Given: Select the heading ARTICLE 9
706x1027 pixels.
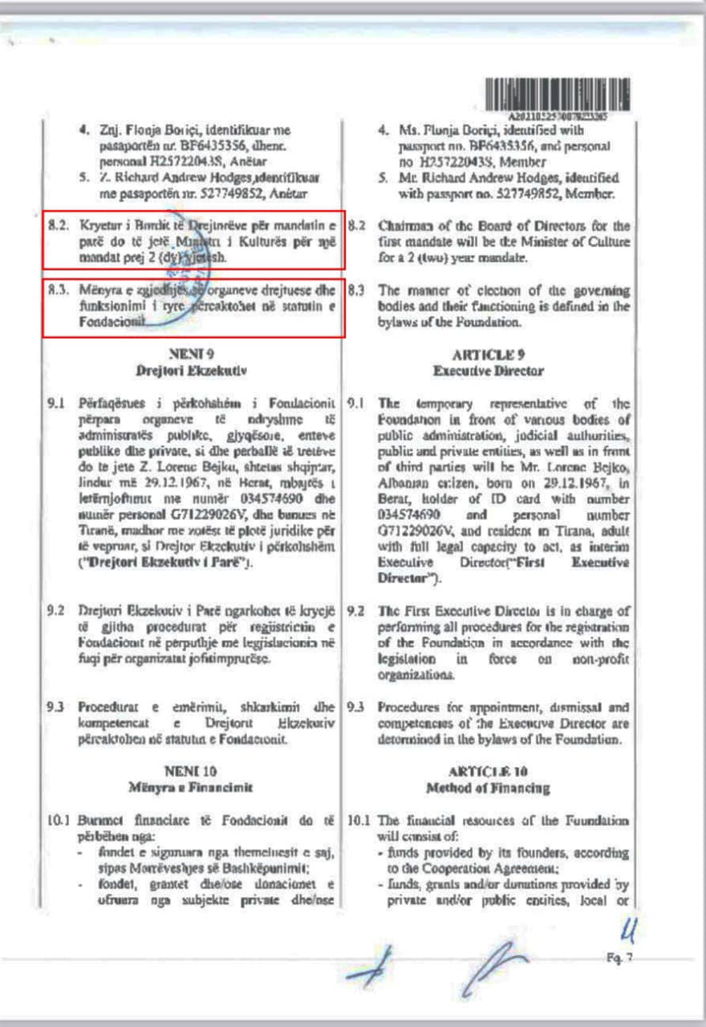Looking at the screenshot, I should (489, 353).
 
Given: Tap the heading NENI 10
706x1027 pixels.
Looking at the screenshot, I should (192, 771).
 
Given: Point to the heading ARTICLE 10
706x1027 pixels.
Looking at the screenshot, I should (489, 772).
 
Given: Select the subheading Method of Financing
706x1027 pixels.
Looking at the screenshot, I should (489, 788).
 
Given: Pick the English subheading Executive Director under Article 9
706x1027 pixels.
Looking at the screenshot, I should (489, 371).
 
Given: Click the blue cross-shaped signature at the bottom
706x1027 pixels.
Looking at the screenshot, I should (372, 968).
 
